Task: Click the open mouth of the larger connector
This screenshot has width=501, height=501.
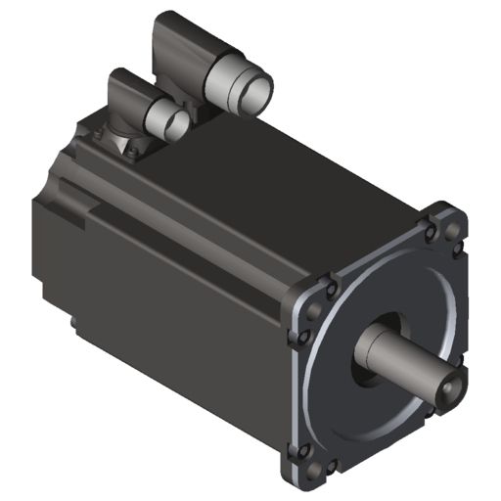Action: [257, 94]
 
